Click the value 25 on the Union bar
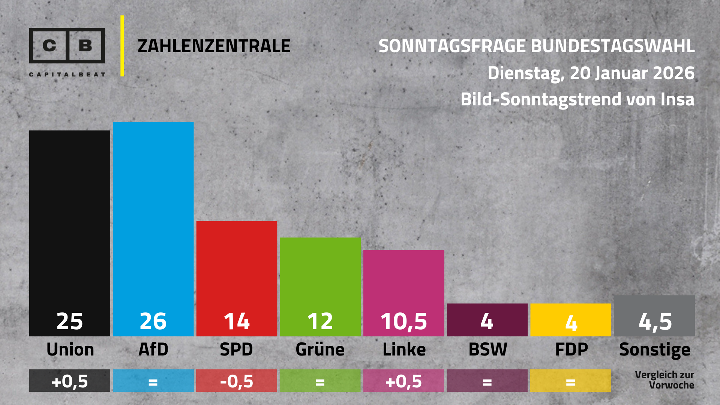pyautogui.click(x=70, y=321)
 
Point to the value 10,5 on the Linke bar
pyautogui.click(x=403, y=322)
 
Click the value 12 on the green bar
pyautogui.click(x=320, y=321)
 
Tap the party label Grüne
pyautogui.click(x=320, y=350)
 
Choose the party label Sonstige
pyautogui.click(x=655, y=350)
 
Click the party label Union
pyautogui.click(x=70, y=350)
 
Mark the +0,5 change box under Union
pyautogui.click(x=70, y=381)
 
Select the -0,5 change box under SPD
pyautogui.click(x=237, y=381)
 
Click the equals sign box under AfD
pyautogui.click(x=153, y=381)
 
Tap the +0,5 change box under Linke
pyautogui.click(x=403, y=381)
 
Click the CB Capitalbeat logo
pyautogui.click(x=67, y=51)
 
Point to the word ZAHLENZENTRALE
pyautogui.click(x=214, y=46)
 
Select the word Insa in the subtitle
pyautogui.click(x=677, y=100)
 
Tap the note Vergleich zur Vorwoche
pyautogui.click(x=664, y=380)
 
